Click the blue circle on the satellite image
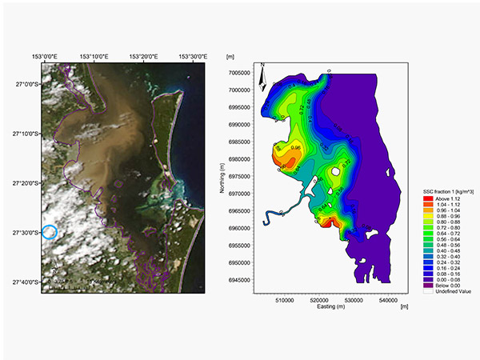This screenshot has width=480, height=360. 50,233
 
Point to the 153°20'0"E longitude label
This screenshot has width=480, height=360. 145,56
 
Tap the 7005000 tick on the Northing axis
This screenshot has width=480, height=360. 238,72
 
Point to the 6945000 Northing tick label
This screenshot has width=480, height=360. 238,278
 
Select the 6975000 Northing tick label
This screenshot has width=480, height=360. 238,175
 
